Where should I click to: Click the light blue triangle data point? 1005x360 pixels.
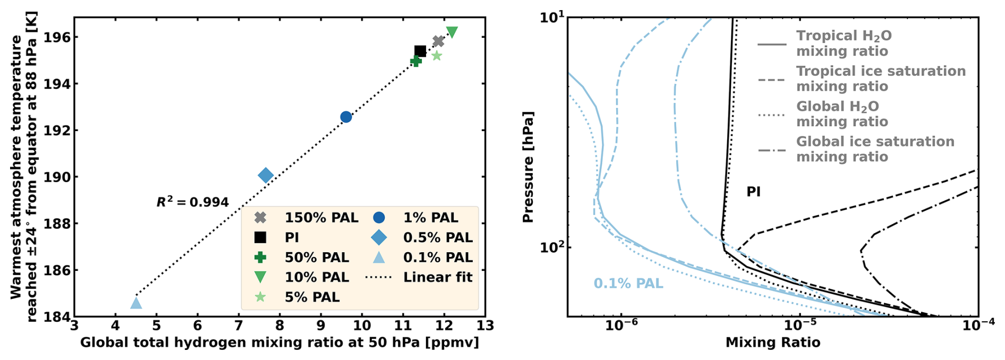coord(136,303)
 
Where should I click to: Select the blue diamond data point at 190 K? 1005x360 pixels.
coord(266,175)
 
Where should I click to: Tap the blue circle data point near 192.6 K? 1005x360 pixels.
coord(346,117)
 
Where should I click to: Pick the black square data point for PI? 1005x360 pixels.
coord(420,51)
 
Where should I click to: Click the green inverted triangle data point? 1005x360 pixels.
coord(452,32)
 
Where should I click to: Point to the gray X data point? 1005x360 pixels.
coord(438,41)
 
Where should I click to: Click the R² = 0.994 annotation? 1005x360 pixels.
coord(192,202)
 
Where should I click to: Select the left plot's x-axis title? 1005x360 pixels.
coord(279,343)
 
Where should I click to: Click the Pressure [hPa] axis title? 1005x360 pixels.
coord(528,167)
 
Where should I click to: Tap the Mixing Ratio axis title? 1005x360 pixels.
coord(773,343)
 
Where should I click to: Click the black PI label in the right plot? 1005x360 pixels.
coord(753,192)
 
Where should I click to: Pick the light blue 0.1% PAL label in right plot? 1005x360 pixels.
coord(628,284)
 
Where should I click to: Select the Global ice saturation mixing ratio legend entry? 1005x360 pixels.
coord(874,149)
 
